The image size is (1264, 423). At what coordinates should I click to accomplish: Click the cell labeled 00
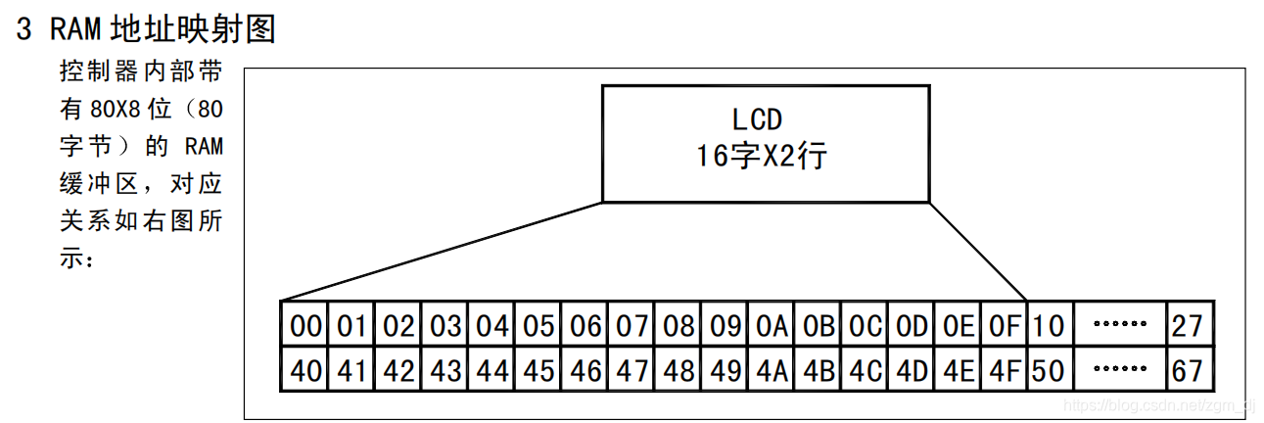(305, 325)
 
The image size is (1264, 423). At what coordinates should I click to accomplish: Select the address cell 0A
(772, 325)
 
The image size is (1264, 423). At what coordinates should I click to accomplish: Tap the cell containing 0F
(1005, 325)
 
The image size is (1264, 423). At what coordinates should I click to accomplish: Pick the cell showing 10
(1049, 325)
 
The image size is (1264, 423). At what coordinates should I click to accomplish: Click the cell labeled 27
(1187, 325)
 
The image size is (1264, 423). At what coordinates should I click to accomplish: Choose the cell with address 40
(305, 370)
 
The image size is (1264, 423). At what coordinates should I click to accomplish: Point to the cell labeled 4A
(772, 370)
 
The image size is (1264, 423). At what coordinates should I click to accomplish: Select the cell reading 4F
(1005, 370)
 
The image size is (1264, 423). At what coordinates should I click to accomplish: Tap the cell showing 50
(1049, 370)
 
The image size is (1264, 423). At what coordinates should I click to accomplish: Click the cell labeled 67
(1187, 370)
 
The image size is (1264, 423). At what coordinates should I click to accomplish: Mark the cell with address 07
(632, 325)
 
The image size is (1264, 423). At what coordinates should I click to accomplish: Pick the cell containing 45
(538, 370)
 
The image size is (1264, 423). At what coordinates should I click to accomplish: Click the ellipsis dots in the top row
(1119, 325)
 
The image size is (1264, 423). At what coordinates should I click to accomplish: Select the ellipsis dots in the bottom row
(1119, 370)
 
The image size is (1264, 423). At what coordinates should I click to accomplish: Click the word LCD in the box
(758, 119)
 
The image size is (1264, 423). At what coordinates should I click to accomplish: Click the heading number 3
(25, 28)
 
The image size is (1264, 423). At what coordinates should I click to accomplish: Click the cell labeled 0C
(865, 325)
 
